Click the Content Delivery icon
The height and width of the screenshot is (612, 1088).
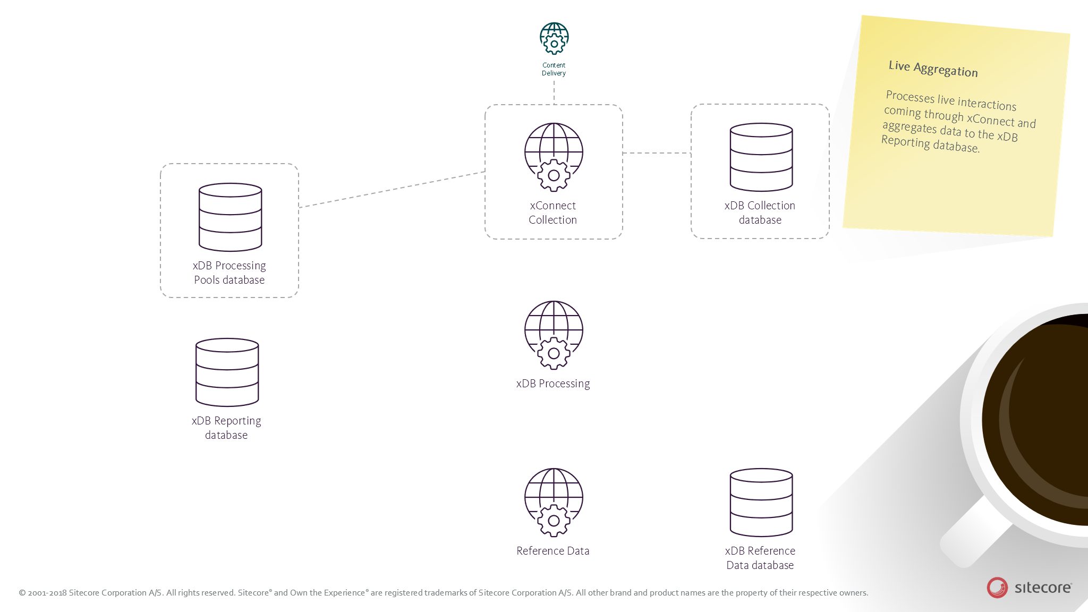[554, 38]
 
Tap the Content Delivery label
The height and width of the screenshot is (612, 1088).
[554, 69]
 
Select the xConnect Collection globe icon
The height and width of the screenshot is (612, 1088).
[554, 157]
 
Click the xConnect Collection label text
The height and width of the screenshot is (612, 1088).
[552, 212]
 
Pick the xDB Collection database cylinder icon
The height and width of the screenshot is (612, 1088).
[761, 157]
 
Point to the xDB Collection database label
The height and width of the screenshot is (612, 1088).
[760, 212]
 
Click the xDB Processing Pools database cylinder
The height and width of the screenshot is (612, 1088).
[230, 217]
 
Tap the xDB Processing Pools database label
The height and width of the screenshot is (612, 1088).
[229, 273]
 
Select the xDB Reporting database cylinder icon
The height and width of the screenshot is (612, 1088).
[227, 372]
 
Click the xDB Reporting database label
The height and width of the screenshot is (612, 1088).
[226, 428]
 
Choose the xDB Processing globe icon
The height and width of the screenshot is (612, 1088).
[554, 335]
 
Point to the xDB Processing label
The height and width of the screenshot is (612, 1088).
[553, 384]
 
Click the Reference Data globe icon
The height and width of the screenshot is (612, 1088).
[554, 502]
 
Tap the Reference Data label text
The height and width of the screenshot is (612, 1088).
[553, 551]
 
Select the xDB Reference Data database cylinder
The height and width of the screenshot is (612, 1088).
[761, 502]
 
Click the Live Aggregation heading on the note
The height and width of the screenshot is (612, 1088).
[933, 69]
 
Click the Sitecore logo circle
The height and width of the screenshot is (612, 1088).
[997, 588]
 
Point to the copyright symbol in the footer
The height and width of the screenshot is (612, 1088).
[22, 593]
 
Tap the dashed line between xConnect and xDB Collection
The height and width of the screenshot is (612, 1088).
[657, 153]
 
